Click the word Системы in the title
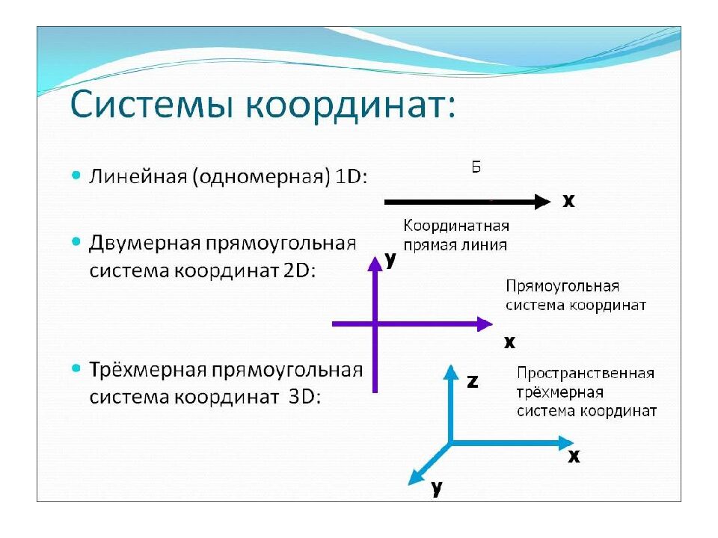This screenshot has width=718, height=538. [x=153, y=107]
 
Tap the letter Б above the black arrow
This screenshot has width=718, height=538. [x=476, y=167]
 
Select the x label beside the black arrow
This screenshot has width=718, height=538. [x=568, y=201]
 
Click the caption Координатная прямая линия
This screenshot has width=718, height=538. [x=455, y=235]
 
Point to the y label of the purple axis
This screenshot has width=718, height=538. [x=390, y=259]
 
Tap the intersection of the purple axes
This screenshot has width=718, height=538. [x=375, y=324]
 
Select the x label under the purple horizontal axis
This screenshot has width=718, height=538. [x=509, y=342]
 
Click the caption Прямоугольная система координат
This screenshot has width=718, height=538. [x=575, y=296]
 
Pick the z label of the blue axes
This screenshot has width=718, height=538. [x=472, y=381]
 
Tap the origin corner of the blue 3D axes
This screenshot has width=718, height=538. [x=449, y=443]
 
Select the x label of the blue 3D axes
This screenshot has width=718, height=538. [x=574, y=456]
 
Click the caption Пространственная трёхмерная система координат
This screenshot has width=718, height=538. [x=586, y=392]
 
